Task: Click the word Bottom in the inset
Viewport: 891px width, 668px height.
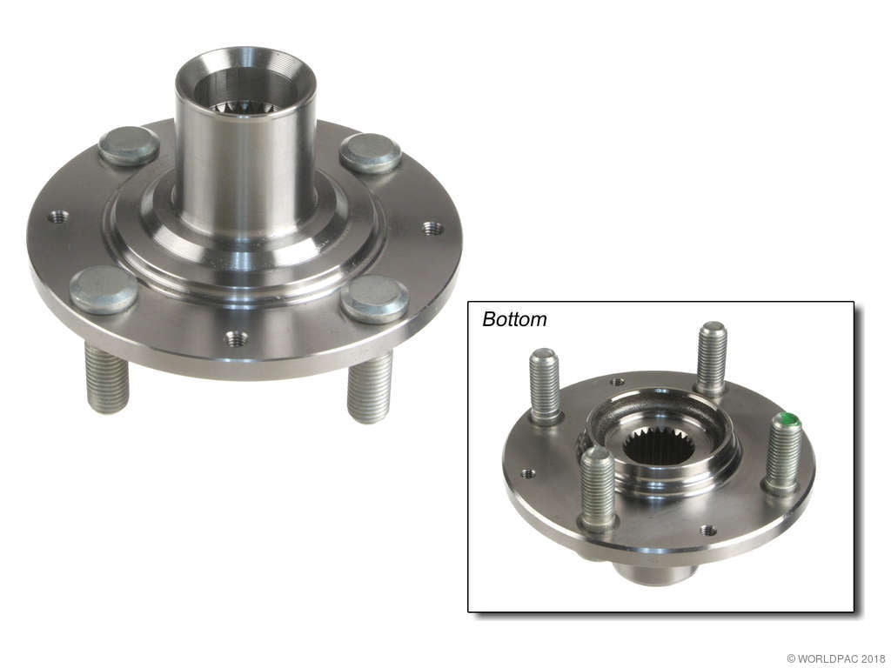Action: [x=514, y=319]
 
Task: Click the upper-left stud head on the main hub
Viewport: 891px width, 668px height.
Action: [x=128, y=145]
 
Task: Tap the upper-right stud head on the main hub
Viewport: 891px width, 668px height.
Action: [x=370, y=153]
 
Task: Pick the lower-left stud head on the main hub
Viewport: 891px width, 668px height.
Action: [x=103, y=289]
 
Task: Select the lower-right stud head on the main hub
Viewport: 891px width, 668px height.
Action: [x=374, y=298]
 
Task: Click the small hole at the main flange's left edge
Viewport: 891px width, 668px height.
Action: [x=57, y=217]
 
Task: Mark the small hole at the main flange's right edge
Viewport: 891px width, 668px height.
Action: [x=432, y=228]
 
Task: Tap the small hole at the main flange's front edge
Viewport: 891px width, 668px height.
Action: [x=235, y=337]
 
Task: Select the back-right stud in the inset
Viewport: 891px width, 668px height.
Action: [x=711, y=357]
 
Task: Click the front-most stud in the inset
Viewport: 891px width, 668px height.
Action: [x=598, y=488]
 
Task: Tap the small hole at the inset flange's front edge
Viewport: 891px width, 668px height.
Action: [x=708, y=530]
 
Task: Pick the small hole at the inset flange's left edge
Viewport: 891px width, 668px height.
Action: [x=527, y=474]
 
